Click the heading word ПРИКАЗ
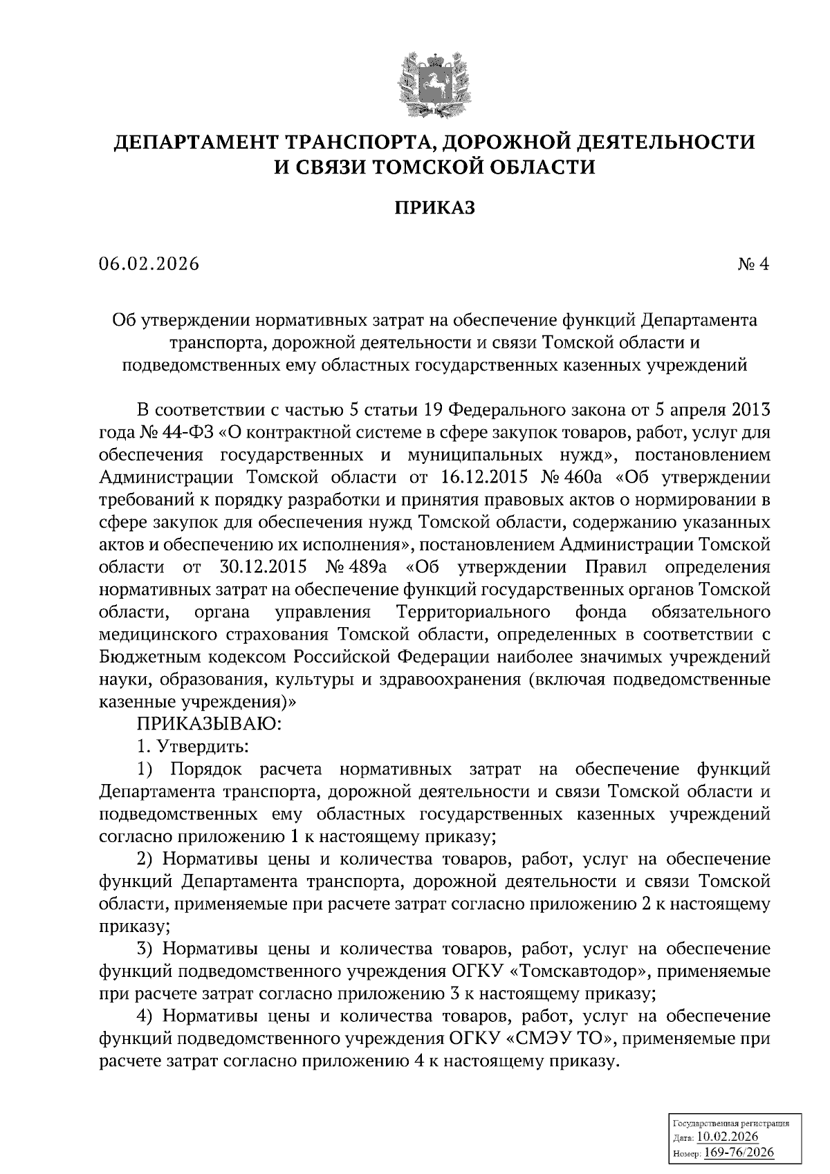click(x=434, y=207)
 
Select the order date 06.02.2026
click(x=149, y=264)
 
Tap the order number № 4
click(x=753, y=264)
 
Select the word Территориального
click(x=474, y=613)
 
